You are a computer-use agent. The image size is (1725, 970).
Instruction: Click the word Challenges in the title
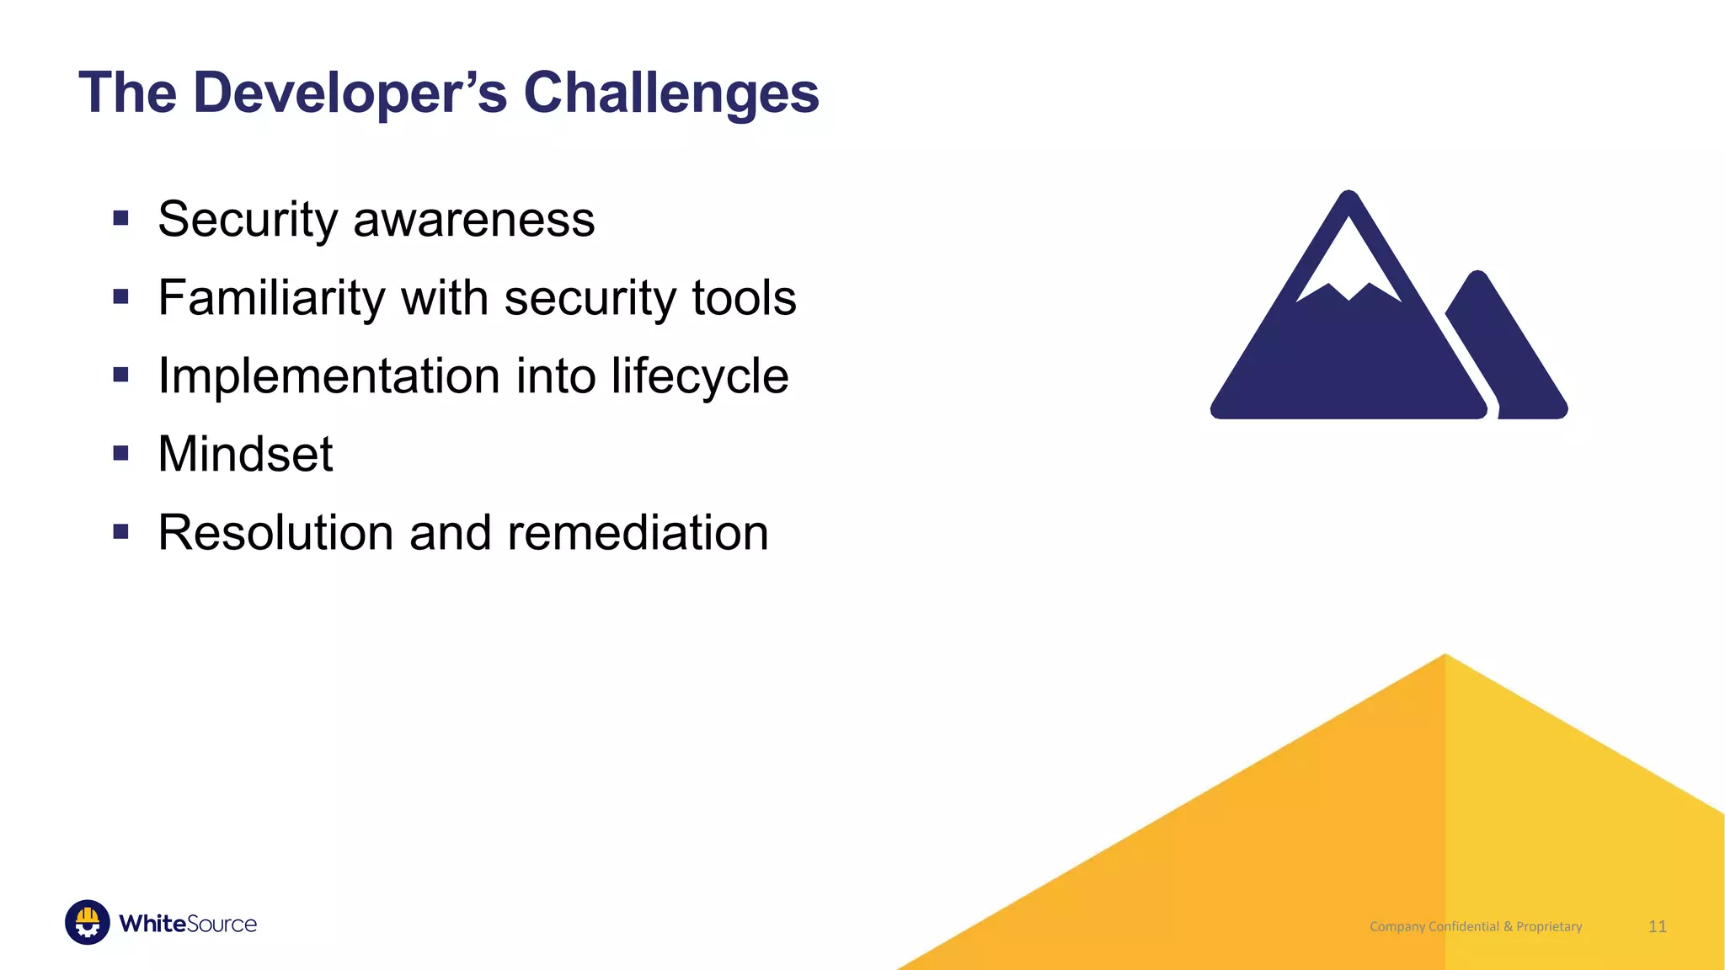click(670, 93)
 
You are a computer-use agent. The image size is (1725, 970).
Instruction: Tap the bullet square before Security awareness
click(120, 219)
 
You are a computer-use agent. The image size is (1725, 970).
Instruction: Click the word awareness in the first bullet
click(473, 220)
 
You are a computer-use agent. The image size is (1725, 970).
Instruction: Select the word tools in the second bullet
click(744, 298)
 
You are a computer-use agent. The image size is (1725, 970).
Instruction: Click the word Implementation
click(328, 376)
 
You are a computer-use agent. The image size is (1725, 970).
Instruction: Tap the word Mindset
click(245, 455)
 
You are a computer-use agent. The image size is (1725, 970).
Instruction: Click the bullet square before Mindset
click(120, 454)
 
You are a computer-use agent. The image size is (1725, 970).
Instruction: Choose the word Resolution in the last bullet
click(275, 533)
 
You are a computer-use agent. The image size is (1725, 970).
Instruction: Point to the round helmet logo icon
click(88, 922)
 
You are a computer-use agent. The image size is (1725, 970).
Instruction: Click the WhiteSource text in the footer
click(188, 924)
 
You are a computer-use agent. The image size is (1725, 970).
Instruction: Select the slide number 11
click(1657, 926)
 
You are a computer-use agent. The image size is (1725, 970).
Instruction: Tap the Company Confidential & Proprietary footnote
click(1476, 926)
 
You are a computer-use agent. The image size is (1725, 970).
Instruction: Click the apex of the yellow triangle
click(1445, 657)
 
